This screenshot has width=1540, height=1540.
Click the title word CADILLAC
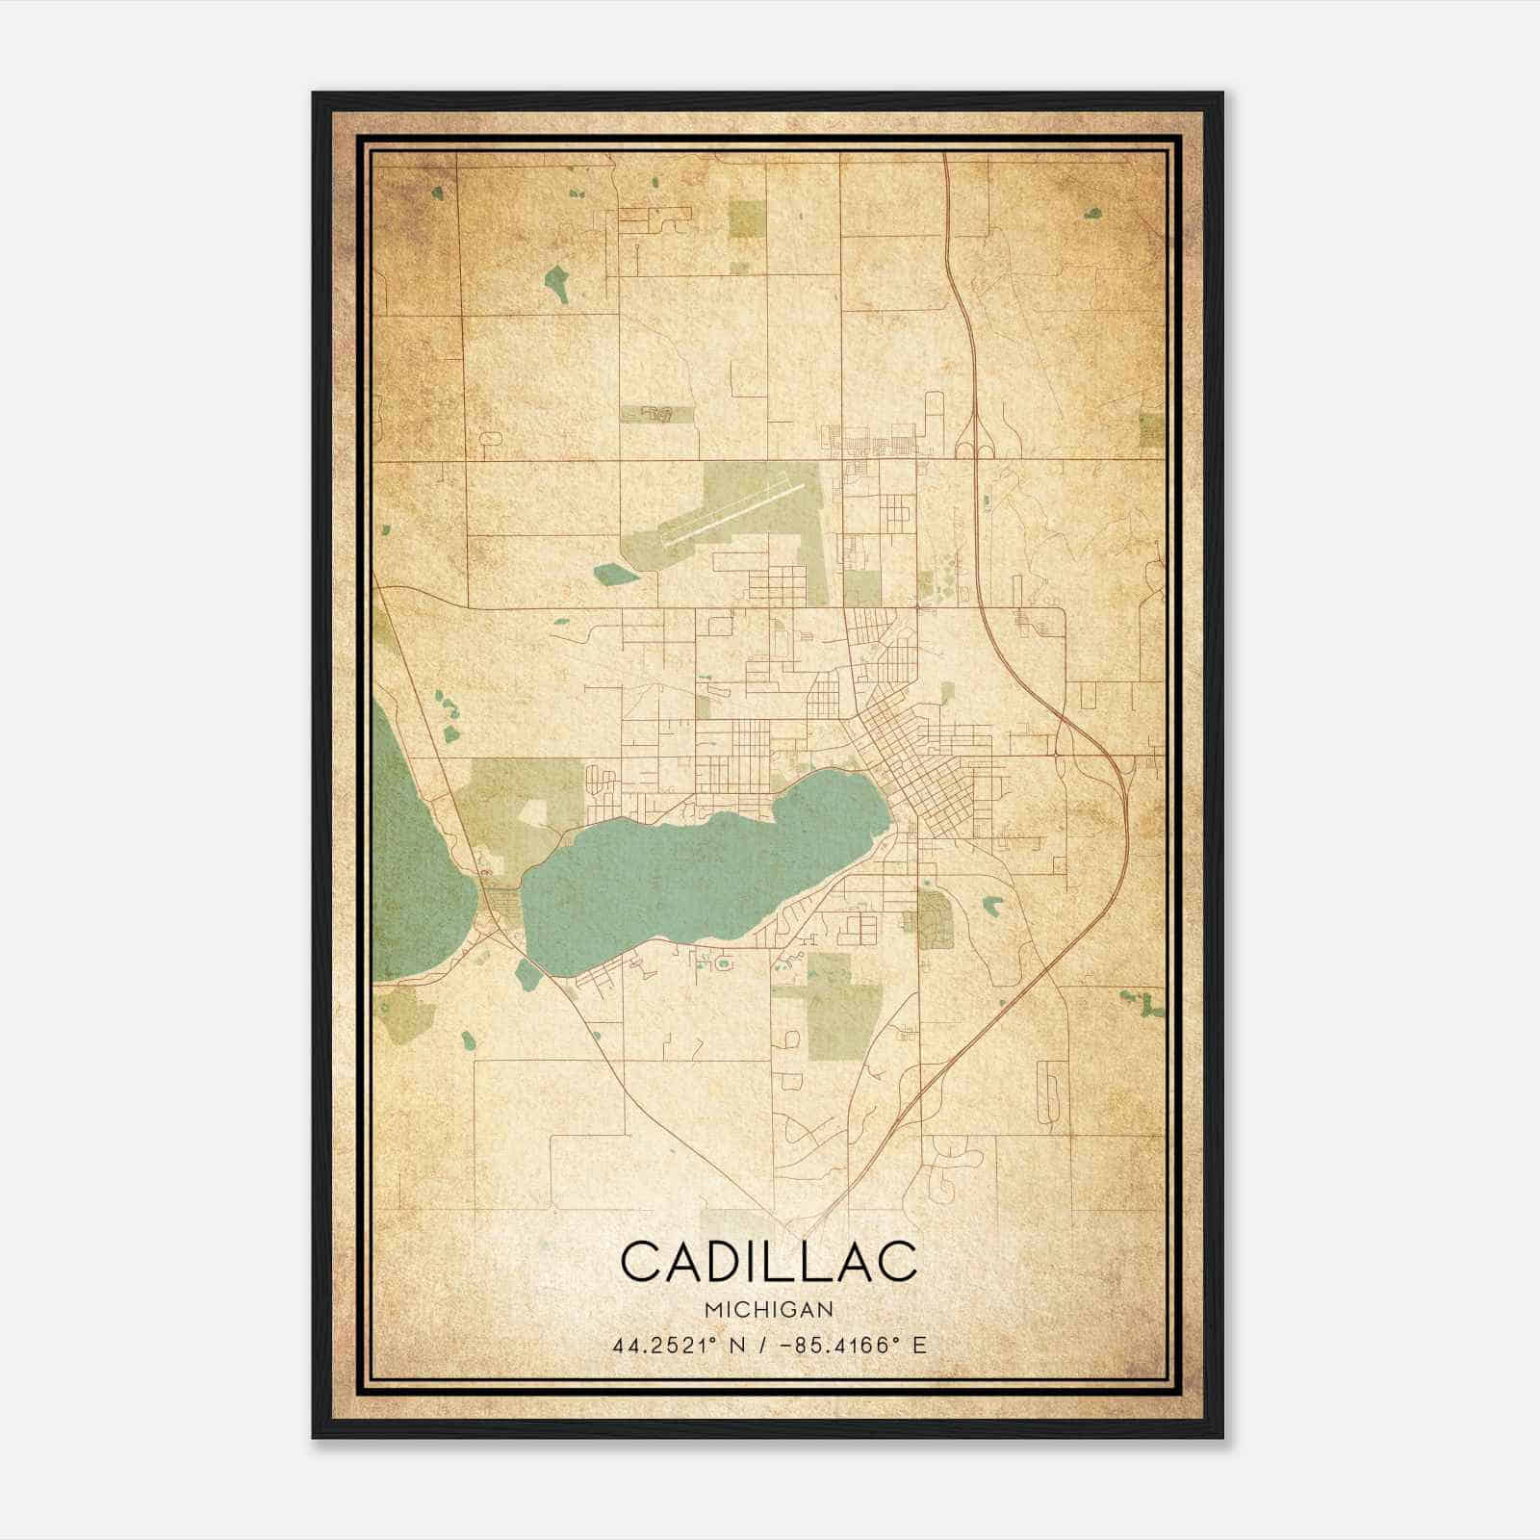coord(769,1261)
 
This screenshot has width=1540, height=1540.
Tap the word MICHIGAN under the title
coord(769,1309)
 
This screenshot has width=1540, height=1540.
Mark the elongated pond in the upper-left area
coord(556,285)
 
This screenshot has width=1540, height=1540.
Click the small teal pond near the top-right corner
coord(1093,214)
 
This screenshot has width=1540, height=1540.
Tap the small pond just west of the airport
coord(615,575)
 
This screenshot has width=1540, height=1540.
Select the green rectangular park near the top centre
coord(748,219)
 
